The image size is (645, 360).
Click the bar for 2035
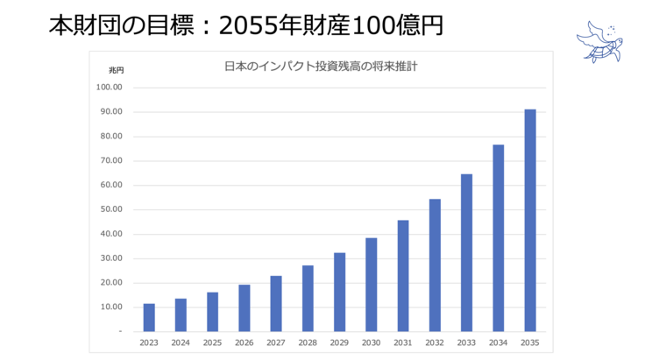click(530, 220)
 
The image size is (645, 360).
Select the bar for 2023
click(149, 317)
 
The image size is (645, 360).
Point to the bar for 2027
click(276, 303)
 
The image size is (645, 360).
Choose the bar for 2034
click(499, 237)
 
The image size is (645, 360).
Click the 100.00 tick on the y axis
click(110, 88)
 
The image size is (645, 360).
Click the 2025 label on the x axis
click(212, 343)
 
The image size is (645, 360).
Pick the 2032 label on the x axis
click(435, 343)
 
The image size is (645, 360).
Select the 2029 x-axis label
click(339, 343)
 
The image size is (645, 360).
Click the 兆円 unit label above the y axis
click(117, 69)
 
